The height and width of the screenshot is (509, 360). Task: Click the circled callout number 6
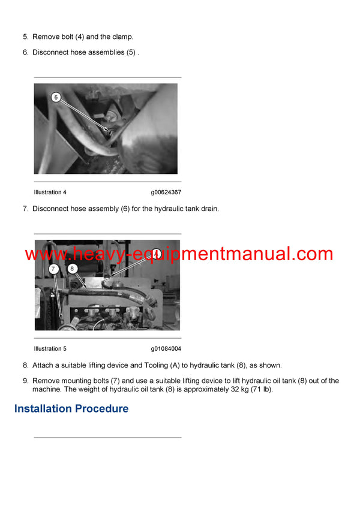click(56, 97)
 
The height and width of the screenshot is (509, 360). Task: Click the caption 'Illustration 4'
click(50, 192)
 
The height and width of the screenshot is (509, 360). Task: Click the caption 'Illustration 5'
click(50, 349)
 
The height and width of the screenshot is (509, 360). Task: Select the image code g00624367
click(166, 192)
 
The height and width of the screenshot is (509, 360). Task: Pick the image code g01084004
click(166, 349)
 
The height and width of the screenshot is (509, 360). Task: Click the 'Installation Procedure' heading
click(71, 409)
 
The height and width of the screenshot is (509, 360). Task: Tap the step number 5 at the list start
click(25, 37)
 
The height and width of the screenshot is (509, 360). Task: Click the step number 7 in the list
click(25, 209)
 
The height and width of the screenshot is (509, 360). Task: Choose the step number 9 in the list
click(25, 381)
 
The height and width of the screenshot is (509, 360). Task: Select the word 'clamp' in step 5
click(122, 37)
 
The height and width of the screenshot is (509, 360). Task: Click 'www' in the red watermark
click(40, 254)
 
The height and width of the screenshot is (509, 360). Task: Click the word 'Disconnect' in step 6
click(52, 52)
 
